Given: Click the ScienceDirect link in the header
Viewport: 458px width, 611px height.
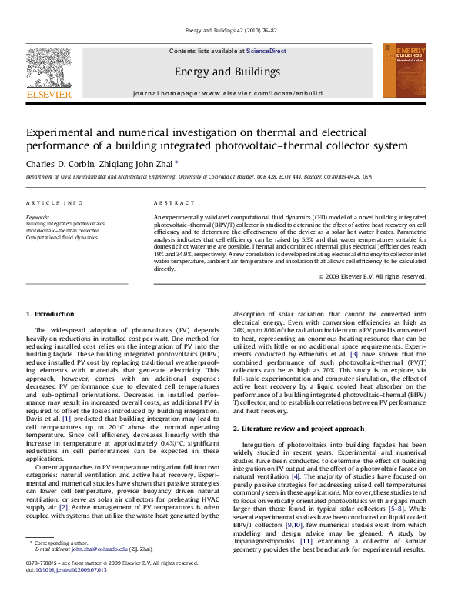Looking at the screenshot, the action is click(266, 51).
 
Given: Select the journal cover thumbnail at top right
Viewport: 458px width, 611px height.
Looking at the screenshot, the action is click(405, 71).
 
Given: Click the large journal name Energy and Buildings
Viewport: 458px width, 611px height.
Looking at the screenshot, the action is click(227, 72).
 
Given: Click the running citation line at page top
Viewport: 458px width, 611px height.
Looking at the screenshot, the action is click(228, 32).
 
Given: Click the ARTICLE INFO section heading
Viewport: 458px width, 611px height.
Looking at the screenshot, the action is click(55, 202).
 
